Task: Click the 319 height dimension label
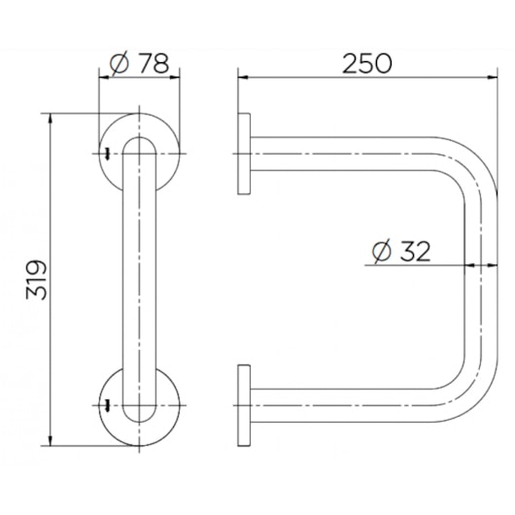(x=37, y=280)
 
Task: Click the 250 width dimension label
(x=367, y=64)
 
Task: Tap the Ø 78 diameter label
(x=139, y=64)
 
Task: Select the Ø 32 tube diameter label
(x=401, y=252)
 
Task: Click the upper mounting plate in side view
(x=244, y=154)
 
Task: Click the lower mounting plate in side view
(x=244, y=405)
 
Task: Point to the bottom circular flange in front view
(x=171, y=417)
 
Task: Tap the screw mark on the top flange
(x=107, y=154)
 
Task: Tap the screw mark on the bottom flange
(x=107, y=405)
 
